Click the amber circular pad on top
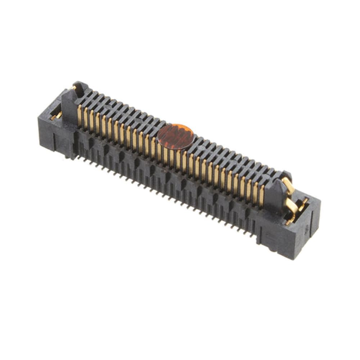[x=176, y=136]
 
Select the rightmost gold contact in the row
[x=262, y=195]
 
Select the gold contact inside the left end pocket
[x=56, y=116]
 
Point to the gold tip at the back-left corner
[x=74, y=87]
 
